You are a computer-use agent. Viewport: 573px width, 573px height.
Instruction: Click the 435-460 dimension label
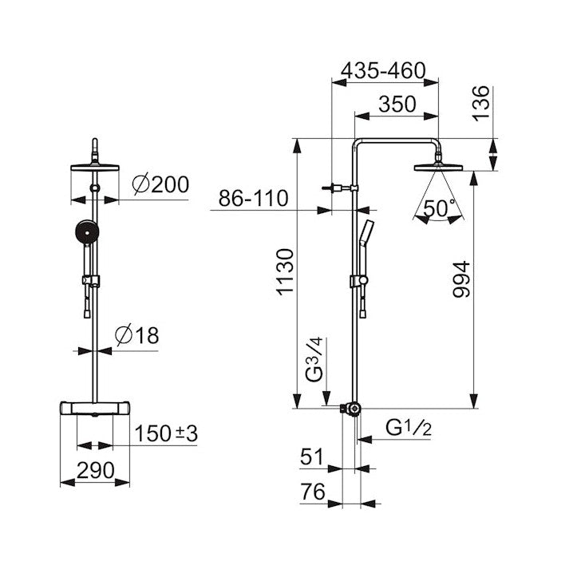coord(383,70)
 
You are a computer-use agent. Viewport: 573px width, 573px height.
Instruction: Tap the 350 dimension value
coord(397,105)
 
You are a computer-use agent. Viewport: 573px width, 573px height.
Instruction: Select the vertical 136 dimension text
coord(480,104)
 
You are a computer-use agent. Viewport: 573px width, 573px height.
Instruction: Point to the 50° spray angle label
coord(439,208)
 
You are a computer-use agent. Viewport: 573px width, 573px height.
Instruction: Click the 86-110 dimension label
coord(253,199)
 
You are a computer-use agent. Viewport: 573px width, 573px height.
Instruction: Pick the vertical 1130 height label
coord(285,271)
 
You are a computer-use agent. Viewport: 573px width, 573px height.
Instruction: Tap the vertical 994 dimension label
coord(461,279)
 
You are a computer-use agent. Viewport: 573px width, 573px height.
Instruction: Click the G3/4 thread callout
coord(314,360)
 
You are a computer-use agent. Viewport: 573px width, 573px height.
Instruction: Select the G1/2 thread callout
coord(409,428)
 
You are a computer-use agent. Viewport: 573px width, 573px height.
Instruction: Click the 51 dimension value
coord(312,456)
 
